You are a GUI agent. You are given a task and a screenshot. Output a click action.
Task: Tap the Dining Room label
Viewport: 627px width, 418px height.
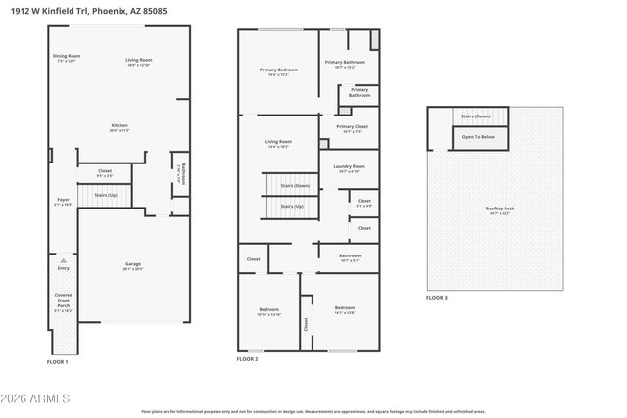tap(67, 59)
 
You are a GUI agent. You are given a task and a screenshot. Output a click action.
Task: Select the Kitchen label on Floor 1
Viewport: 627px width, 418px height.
tap(120, 127)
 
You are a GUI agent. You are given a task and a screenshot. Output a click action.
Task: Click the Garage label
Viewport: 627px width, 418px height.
tap(133, 266)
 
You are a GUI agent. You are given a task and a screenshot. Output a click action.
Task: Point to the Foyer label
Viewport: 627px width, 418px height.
tap(63, 202)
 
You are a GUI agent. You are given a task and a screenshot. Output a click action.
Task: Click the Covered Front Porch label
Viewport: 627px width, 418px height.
tap(63, 303)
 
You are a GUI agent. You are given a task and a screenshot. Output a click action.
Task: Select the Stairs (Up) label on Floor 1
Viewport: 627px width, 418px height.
tap(106, 195)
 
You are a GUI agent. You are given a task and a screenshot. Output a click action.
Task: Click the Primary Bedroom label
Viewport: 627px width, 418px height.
tap(278, 71)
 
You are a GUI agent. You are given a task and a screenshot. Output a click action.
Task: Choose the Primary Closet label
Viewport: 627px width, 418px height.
tap(351, 128)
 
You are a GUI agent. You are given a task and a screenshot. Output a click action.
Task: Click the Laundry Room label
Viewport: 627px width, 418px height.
tap(350, 169)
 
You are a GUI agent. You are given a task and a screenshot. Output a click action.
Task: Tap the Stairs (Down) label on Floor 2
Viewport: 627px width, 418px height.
tap(294, 185)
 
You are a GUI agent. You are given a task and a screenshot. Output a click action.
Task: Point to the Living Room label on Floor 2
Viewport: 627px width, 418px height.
tap(278, 144)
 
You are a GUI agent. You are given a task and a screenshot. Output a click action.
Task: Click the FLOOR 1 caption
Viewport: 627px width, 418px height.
tap(58, 362)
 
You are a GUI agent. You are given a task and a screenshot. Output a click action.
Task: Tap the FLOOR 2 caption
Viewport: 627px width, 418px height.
tap(247, 360)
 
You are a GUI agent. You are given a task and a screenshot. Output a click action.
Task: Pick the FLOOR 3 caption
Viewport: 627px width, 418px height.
tap(436, 297)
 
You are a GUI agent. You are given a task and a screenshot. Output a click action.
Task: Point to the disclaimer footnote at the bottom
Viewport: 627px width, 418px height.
tap(313, 411)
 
